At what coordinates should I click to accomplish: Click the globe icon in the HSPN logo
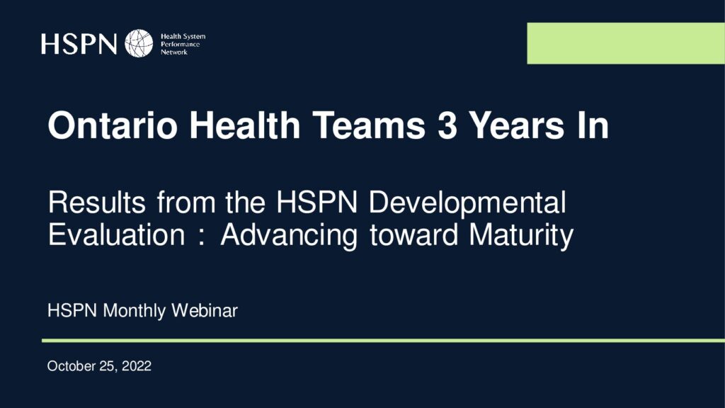coord(139,43)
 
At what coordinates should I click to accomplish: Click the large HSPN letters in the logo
coord(79,44)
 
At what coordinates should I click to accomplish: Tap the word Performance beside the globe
coord(181,45)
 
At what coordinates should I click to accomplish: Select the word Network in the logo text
coord(174,52)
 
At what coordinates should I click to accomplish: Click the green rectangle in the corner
coord(626,43)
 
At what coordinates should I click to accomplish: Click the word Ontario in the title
coord(113,125)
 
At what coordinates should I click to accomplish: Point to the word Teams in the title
coord(369,125)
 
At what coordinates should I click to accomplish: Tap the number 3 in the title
coord(447,125)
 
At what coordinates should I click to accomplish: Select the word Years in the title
coord(517,125)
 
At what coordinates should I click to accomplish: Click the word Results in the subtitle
coord(97,203)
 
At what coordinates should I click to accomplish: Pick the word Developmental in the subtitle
coord(467,203)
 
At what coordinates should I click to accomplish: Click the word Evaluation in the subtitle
coord(117,234)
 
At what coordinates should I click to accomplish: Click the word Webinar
coord(205,310)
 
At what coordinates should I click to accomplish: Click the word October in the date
coord(72,366)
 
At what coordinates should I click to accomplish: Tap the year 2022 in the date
coord(137,366)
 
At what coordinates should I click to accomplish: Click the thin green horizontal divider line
coord(383,341)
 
